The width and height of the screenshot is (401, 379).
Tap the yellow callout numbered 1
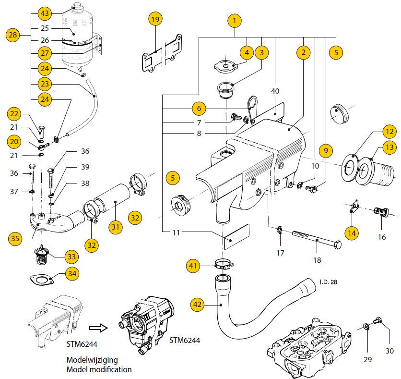tap(235, 21)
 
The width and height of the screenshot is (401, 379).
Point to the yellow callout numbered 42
tap(198, 304)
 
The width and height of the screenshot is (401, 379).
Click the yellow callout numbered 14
tap(352, 232)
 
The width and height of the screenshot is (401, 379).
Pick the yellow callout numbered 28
tap(13, 35)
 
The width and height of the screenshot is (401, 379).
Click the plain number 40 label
tap(275, 91)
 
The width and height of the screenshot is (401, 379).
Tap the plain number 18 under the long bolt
tap(317, 260)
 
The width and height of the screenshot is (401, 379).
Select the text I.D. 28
tap(328, 282)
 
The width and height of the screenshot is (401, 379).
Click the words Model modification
tap(99, 369)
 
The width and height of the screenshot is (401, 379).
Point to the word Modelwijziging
tap(92, 360)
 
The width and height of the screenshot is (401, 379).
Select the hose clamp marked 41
tap(223, 264)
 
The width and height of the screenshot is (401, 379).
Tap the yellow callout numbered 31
tap(115, 227)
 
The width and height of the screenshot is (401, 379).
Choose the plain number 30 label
tap(389, 351)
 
